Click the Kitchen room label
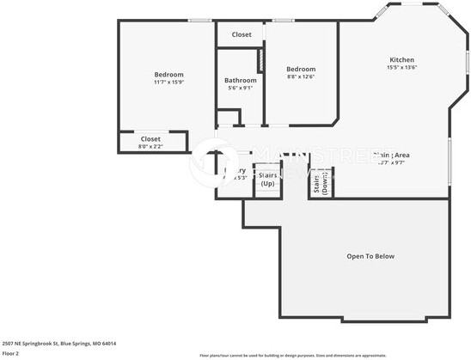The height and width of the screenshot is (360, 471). [x=401, y=59]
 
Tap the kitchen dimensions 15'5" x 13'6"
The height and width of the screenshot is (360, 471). [x=401, y=67]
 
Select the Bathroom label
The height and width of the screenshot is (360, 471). [x=240, y=80]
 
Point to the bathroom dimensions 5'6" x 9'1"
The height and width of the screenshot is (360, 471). [x=240, y=88]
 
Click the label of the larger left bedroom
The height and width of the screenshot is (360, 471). [x=168, y=74]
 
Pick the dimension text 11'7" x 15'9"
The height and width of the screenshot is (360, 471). [x=168, y=82]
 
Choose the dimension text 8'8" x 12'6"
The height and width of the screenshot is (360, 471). [x=301, y=76]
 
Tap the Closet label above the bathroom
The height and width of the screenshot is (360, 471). [x=242, y=34]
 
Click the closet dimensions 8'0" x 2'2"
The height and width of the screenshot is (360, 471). [x=150, y=146]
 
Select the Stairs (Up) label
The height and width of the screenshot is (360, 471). [x=267, y=179]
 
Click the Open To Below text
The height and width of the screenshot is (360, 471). [x=370, y=256]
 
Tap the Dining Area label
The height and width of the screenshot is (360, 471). [x=392, y=155]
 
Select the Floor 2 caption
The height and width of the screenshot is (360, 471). [x=11, y=353]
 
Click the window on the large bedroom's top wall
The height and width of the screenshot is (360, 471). [x=200, y=21]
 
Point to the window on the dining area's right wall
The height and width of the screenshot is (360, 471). [x=450, y=159]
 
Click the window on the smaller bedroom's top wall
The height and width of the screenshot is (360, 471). [x=284, y=21]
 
